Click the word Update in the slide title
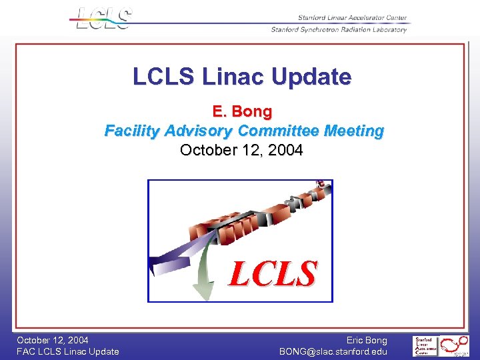tap(316, 77)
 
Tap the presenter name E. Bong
tap(242, 111)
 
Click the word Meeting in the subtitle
tap(354, 131)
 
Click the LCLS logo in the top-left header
tap(104, 18)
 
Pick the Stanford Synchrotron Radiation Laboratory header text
tap(339, 29)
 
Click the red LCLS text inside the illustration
tap(273, 273)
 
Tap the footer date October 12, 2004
tap(53, 340)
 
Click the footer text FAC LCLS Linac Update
tap(68, 351)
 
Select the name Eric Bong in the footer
tap(367, 340)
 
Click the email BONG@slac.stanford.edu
tap(333, 351)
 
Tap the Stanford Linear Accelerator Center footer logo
tap(425, 346)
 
